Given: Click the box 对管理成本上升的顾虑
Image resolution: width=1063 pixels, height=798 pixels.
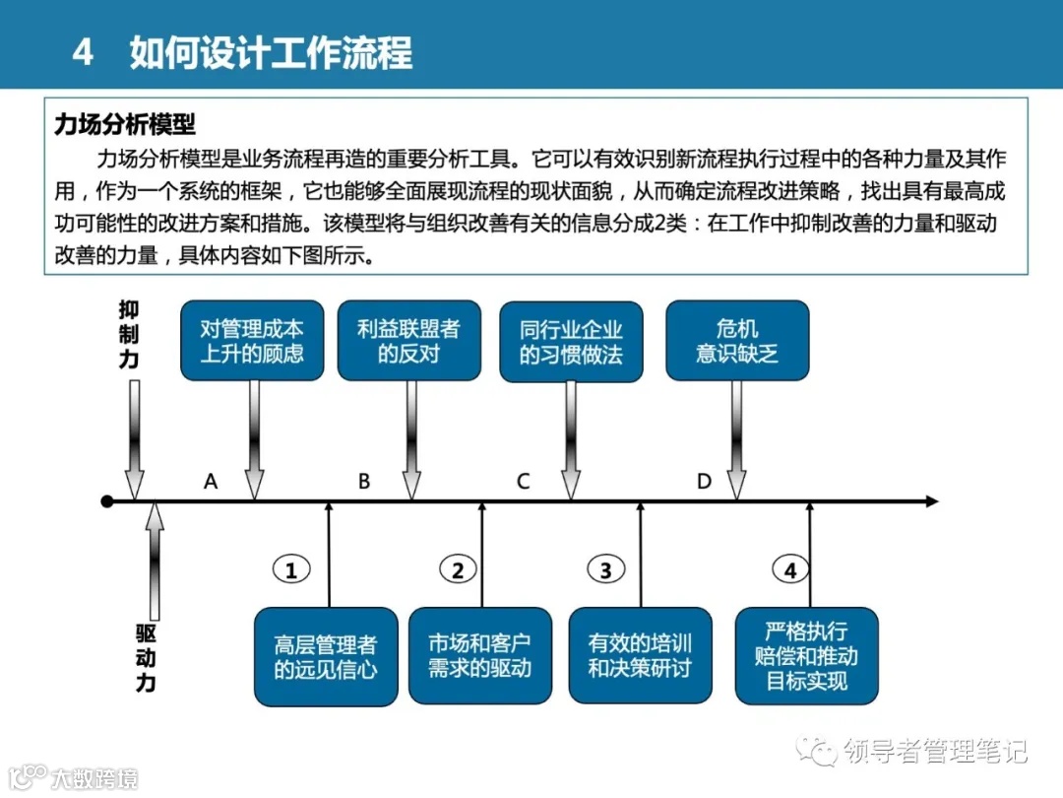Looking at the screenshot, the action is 252,341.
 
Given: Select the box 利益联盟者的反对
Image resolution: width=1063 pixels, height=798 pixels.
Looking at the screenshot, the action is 408,341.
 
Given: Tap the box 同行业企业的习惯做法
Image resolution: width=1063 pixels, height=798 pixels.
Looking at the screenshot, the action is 571,341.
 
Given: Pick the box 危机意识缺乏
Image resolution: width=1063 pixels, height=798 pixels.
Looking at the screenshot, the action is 737,341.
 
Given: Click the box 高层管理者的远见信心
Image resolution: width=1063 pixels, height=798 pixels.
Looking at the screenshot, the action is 326,657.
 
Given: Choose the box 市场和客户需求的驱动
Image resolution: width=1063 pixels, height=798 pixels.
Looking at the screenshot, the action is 479,655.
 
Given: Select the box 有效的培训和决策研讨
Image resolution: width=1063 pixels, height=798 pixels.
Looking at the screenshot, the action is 640,655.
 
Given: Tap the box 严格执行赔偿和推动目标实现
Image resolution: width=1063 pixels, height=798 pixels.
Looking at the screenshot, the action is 806,655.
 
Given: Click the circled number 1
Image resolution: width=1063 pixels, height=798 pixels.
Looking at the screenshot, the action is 290,569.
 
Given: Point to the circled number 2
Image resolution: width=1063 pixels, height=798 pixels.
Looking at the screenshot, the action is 458,569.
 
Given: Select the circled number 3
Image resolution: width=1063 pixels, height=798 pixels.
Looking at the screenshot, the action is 605,569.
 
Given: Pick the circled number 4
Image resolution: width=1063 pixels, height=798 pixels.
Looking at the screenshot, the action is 790,569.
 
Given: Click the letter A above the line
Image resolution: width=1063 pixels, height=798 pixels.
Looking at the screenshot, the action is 210,482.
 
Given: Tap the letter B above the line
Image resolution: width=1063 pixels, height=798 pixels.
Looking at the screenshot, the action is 364,482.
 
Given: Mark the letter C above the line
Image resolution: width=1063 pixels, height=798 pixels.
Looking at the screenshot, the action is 523,482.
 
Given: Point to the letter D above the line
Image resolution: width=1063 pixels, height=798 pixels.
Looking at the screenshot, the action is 704,482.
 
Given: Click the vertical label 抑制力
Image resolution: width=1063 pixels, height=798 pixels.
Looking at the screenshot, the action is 129,335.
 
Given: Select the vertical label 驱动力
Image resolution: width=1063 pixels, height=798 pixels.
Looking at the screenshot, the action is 146,657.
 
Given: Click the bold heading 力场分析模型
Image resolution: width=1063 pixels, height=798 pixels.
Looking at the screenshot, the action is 125,125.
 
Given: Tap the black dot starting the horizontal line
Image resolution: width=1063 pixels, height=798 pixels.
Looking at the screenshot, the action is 107,502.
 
